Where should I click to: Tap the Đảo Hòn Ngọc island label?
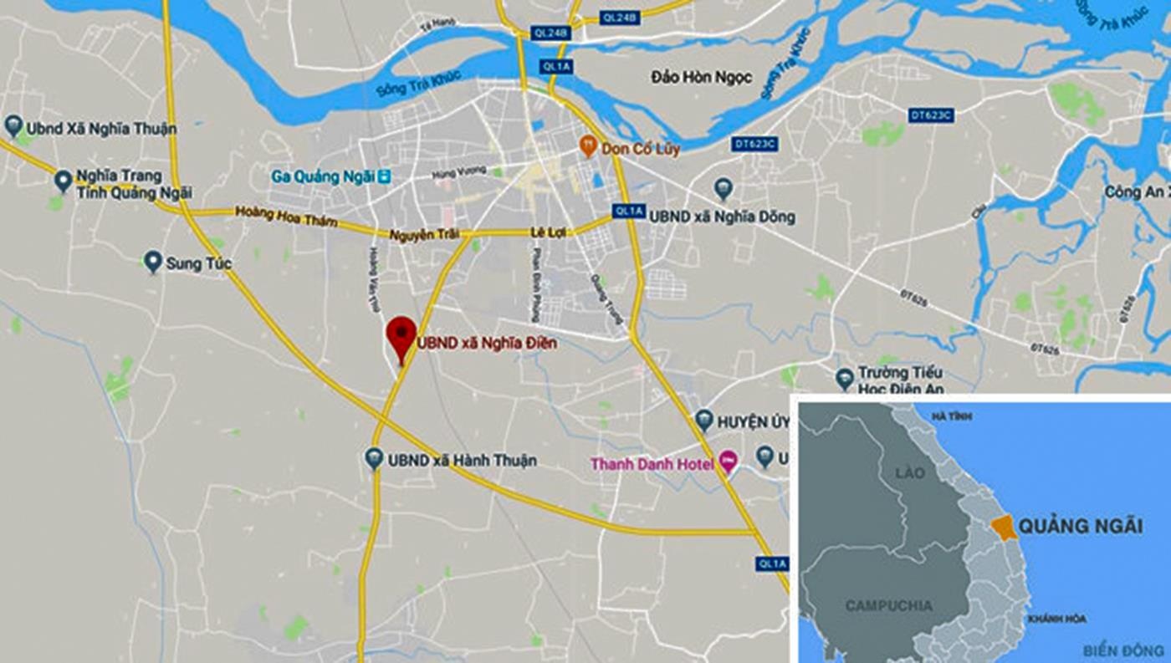pyautogui.click(x=701, y=78)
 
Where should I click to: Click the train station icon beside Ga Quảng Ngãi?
pyautogui.click(x=384, y=176)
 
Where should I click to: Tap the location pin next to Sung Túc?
pyautogui.click(x=152, y=262)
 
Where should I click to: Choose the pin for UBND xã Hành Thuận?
pyautogui.click(x=374, y=458)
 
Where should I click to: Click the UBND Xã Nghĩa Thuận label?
pyautogui.click(x=101, y=129)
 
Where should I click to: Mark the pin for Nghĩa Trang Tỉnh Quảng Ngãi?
pyautogui.click(x=63, y=180)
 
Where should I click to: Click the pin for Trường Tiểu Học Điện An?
pyautogui.click(x=845, y=377)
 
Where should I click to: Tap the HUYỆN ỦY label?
pyautogui.click(x=751, y=421)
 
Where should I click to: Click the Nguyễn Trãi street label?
pyautogui.click(x=424, y=235)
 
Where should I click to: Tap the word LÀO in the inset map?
pyautogui.click(x=909, y=473)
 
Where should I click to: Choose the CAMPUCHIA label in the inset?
pyautogui.click(x=888, y=605)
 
